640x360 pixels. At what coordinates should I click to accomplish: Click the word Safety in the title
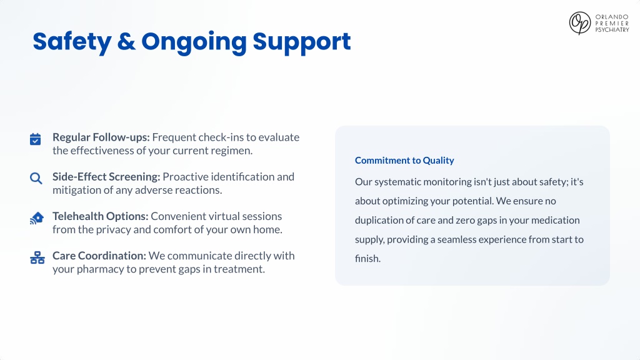(x=72, y=42)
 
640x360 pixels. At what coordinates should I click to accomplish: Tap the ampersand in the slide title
(x=126, y=42)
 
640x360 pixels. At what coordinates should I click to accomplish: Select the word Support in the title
(x=302, y=42)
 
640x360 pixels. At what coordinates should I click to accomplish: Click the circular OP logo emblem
(x=580, y=23)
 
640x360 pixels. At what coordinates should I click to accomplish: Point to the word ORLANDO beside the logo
(x=612, y=17)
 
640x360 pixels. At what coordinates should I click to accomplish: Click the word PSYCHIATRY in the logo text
(x=612, y=30)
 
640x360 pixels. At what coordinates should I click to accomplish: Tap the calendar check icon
(x=36, y=139)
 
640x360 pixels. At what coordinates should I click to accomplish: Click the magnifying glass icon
(x=36, y=178)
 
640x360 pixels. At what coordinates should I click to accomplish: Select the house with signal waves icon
(x=37, y=218)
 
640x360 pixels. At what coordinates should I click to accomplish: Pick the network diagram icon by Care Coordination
(x=37, y=257)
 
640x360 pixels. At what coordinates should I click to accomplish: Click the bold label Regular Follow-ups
(x=101, y=137)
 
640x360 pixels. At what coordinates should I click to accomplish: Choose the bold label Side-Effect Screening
(x=106, y=177)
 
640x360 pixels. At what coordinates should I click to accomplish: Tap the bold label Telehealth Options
(x=101, y=216)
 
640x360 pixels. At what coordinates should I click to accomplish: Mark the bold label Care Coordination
(x=99, y=256)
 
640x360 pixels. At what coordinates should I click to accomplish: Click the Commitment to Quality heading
(x=404, y=161)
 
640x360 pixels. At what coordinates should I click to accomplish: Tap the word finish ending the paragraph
(x=367, y=259)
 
